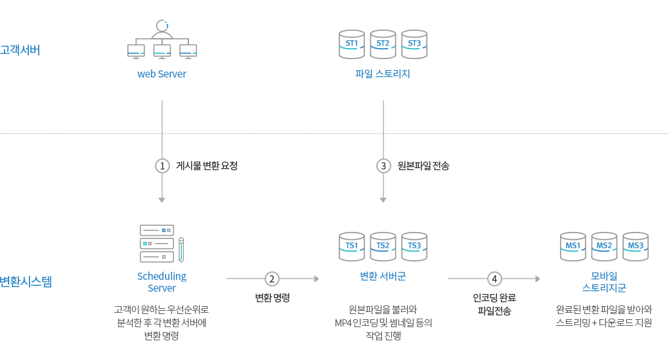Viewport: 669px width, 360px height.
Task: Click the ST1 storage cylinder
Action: coord(352,44)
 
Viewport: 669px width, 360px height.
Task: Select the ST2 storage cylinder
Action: coord(383,44)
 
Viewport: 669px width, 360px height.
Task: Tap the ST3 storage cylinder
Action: coord(414,44)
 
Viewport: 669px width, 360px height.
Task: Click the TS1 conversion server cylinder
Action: coord(352,246)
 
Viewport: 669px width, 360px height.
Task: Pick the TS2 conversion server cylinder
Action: coord(383,246)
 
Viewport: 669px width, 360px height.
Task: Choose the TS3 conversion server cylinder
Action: coord(414,246)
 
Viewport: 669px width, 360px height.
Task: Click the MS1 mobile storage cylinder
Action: coord(573,246)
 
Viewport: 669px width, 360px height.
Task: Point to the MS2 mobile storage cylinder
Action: coord(604,246)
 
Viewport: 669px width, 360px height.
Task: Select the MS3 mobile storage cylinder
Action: coord(636,246)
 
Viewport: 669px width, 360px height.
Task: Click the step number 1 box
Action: coord(162,166)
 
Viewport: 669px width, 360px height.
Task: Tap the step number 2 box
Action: coord(272,279)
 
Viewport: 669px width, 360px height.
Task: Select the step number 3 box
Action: coord(383,166)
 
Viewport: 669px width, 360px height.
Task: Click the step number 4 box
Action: coord(494,279)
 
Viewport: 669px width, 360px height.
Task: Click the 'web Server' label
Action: coord(162,74)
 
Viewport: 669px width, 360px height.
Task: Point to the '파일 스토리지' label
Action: coord(383,74)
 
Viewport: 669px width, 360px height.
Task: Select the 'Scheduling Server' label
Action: coord(162,282)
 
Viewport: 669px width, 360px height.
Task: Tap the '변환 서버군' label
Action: coord(383,277)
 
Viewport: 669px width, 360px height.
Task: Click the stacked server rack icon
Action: coord(157,244)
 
